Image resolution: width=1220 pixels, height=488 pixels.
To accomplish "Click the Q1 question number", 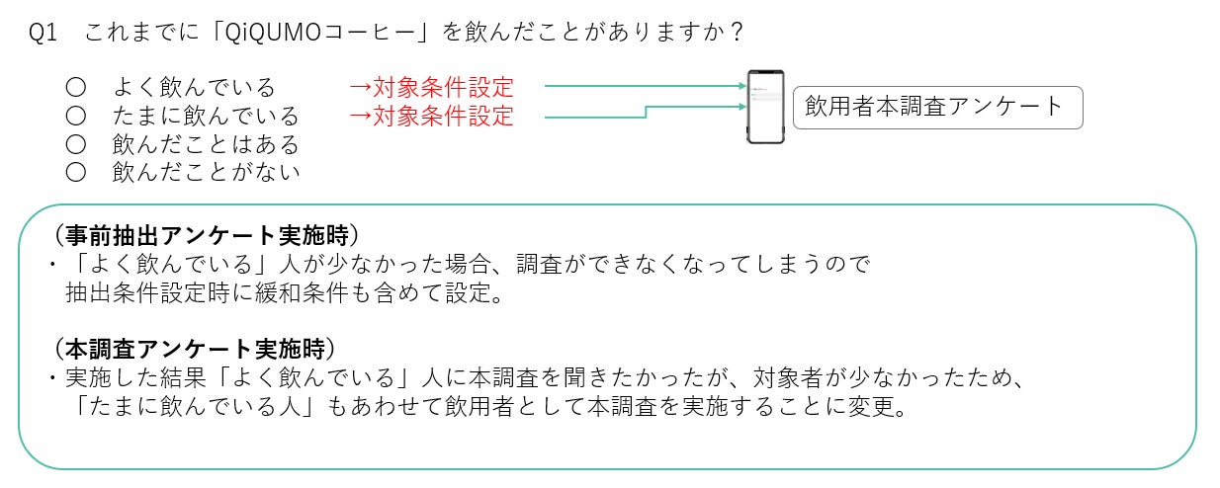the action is [44, 32].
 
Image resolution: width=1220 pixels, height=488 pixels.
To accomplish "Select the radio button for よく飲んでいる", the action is [75, 88].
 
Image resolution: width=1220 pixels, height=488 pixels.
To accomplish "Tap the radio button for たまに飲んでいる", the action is [75, 117].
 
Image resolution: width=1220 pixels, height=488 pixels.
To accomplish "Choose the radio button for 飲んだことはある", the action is [75, 145].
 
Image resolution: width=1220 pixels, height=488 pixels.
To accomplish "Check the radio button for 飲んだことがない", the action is [75, 173].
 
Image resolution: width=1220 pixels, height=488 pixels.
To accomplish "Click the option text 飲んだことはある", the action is [206, 145].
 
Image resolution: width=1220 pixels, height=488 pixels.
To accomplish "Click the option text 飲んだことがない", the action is [206, 173].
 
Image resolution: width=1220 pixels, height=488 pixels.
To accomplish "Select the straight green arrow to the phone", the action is [643, 87].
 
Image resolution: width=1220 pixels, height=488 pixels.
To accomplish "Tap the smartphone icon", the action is [764, 107].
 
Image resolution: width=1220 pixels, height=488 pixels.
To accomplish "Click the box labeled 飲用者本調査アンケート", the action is [937, 107].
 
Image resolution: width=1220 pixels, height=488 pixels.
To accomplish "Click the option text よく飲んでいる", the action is [194, 88].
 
